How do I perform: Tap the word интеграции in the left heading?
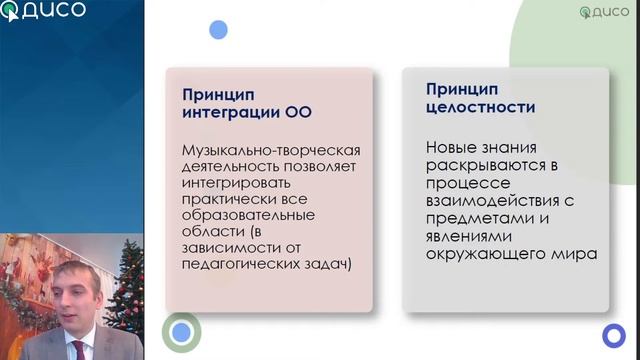224,111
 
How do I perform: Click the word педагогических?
235,265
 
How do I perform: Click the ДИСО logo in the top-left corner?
44,12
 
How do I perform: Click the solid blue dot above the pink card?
218,31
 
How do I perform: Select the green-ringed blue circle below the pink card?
181,331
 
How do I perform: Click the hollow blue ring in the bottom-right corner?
613,335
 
